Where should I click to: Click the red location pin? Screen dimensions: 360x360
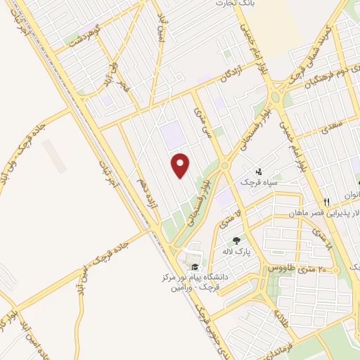[181, 165]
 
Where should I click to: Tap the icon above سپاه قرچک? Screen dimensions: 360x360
[258, 170]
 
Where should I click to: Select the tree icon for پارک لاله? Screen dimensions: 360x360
[245, 240]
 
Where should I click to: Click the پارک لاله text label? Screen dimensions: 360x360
[237, 251]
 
